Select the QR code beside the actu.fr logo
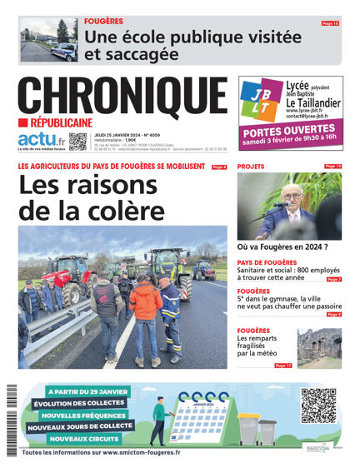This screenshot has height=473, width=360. click(78, 141)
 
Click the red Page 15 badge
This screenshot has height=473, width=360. click(330, 23)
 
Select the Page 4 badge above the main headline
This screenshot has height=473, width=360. click(219, 167)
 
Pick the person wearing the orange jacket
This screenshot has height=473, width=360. click(146, 304)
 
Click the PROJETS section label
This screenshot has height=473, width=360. click(251, 167)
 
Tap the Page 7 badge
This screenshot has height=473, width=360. click(333, 280)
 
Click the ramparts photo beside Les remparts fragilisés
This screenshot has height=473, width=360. click(319, 347)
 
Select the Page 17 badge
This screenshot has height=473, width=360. click(283, 365)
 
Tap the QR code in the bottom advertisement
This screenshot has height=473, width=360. click(317, 406)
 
